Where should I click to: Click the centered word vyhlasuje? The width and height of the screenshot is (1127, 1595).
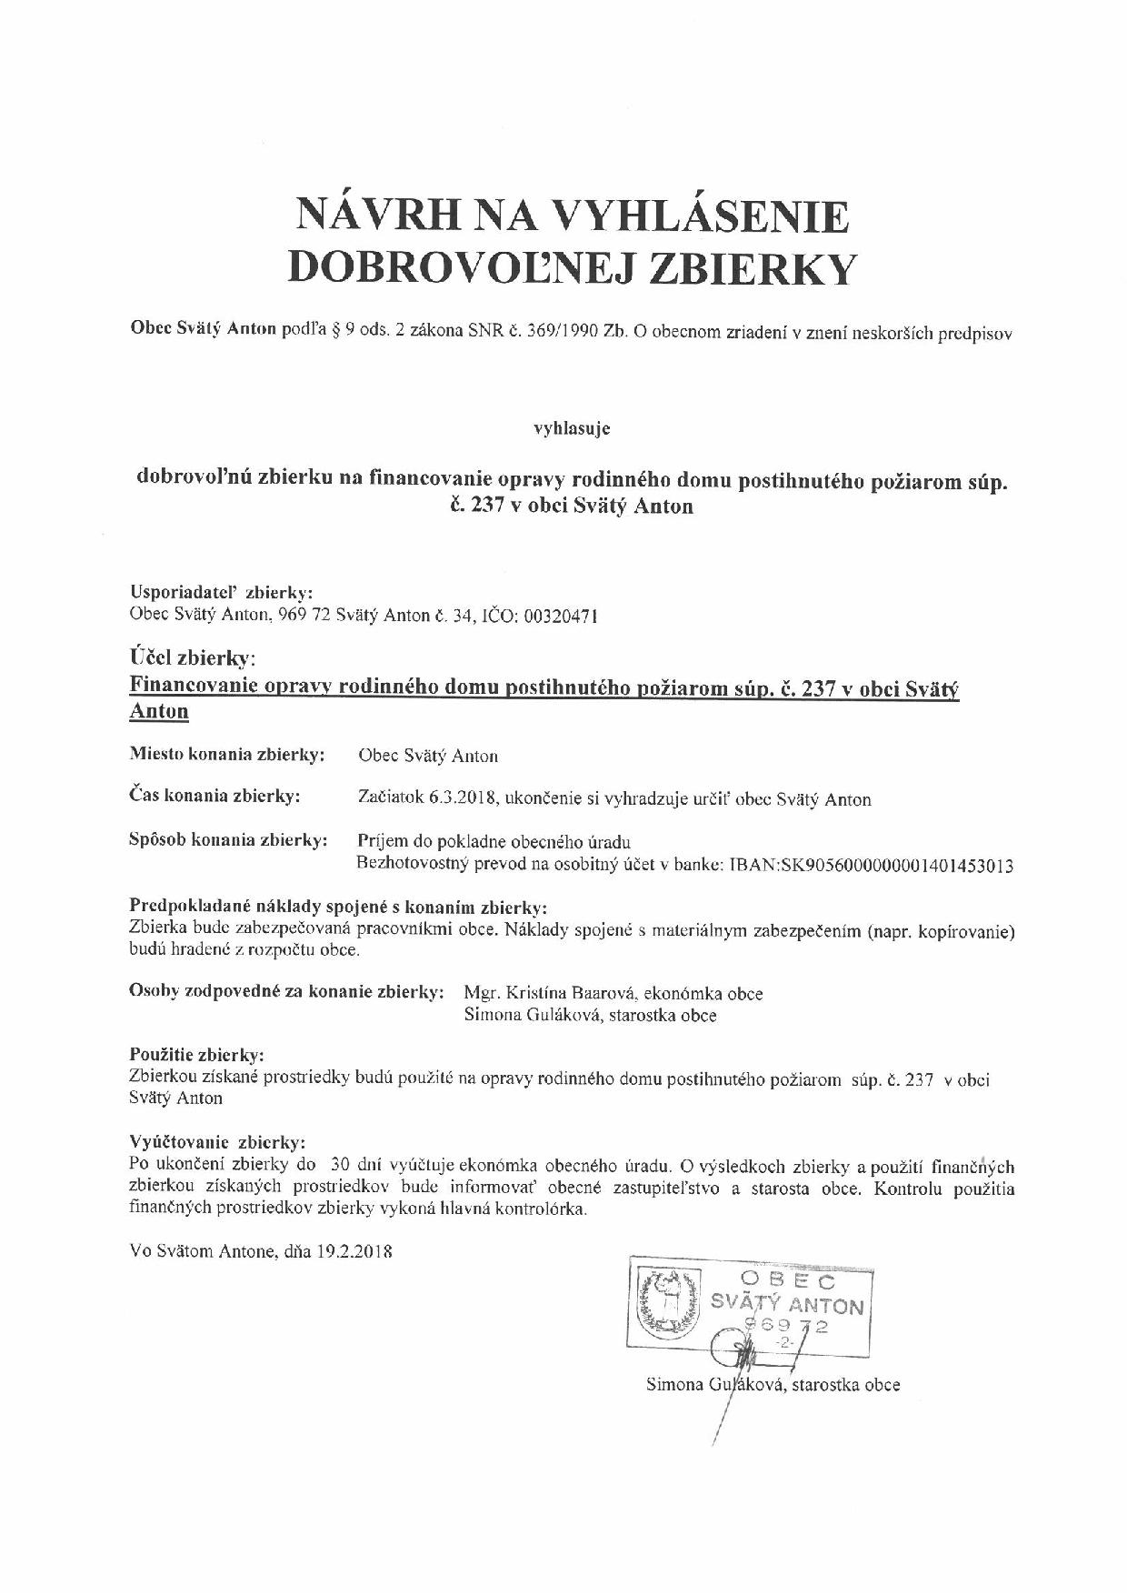pos(571,428)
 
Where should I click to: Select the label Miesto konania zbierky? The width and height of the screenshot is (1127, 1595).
pos(227,755)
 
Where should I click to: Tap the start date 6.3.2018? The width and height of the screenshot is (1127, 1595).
pos(460,799)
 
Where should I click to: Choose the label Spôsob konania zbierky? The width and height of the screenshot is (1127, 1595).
pos(228,840)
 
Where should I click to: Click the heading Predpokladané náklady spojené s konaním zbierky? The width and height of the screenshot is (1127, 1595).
pos(339,907)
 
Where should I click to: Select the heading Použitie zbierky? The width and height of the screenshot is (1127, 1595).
pos(197,1056)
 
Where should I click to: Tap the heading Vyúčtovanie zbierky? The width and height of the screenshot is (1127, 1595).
pos(218,1142)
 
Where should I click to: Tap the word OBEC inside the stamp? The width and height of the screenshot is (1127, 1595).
pos(799,1281)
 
